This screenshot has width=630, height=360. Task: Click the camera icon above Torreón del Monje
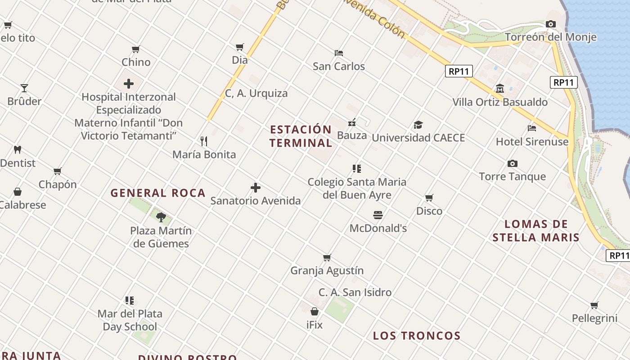[550, 24]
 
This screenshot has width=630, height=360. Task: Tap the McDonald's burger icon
[378, 215]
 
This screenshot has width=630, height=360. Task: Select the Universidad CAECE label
[418, 138]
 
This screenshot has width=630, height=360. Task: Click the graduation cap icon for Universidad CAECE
[418, 125]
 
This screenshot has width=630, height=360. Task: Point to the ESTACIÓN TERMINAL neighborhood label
[301, 136]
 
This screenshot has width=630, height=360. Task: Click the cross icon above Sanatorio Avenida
[256, 187]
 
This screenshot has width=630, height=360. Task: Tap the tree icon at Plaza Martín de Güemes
[161, 218]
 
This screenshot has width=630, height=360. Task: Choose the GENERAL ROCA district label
[158, 193]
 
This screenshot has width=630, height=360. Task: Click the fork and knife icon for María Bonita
[204, 141]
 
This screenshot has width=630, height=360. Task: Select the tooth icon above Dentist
[18, 149]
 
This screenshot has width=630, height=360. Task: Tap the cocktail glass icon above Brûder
[24, 88]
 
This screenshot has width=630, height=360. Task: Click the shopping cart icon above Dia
[240, 47]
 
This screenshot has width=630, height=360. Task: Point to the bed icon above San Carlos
[339, 53]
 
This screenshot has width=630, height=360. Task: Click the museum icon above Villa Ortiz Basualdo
[499, 88]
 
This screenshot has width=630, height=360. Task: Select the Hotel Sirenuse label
[532, 142]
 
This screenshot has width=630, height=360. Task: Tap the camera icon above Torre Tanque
[512, 163]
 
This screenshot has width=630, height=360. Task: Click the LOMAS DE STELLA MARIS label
[535, 230]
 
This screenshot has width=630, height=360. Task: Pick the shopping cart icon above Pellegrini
[594, 306]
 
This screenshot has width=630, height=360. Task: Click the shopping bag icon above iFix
[315, 311]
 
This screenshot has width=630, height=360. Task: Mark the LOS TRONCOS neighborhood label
[417, 336]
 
